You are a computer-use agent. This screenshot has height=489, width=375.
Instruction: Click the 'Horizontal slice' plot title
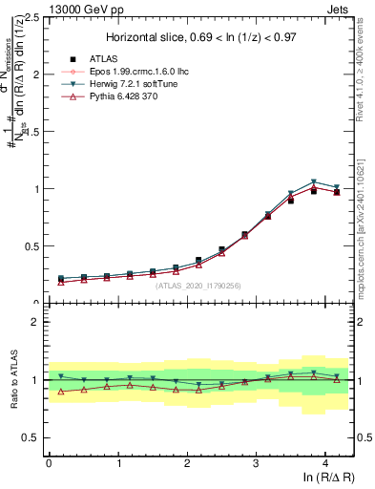coord(200,37)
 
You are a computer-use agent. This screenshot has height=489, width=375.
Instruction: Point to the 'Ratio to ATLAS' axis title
coord(12,380)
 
